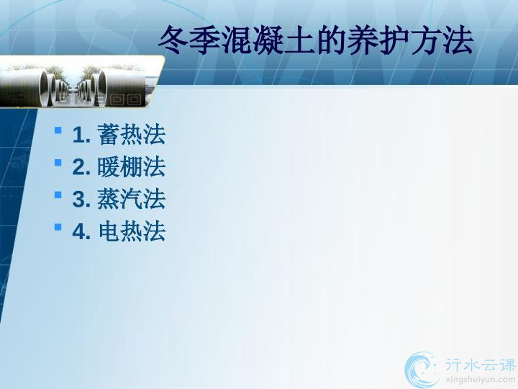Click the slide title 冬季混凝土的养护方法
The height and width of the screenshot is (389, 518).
point(316,40)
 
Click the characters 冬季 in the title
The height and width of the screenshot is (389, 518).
point(190,40)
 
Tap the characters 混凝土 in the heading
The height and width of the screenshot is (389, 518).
point(268,40)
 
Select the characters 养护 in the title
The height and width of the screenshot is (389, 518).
point(378,40)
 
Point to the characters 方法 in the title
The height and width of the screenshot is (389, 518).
point(442,40)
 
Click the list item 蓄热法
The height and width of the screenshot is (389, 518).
point(132,134)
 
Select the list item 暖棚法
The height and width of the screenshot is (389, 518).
point(132,166)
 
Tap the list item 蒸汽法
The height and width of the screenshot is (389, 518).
point(132,199)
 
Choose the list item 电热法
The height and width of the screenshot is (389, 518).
point(132,231)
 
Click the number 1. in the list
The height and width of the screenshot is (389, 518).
point(81,135)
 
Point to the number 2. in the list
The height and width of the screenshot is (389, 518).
point(81,167)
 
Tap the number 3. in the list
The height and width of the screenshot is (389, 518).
point(81,199)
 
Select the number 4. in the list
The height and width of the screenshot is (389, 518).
point(81,231)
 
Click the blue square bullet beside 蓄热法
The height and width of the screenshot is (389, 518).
point(58,130)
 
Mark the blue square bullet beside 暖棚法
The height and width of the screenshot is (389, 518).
point(58,162)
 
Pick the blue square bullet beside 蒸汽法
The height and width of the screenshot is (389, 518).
point(58,194)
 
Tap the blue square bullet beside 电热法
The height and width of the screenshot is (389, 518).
point(58,227)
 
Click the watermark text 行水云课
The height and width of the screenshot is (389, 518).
point(480,365)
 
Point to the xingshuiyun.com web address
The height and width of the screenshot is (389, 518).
point(480,380)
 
